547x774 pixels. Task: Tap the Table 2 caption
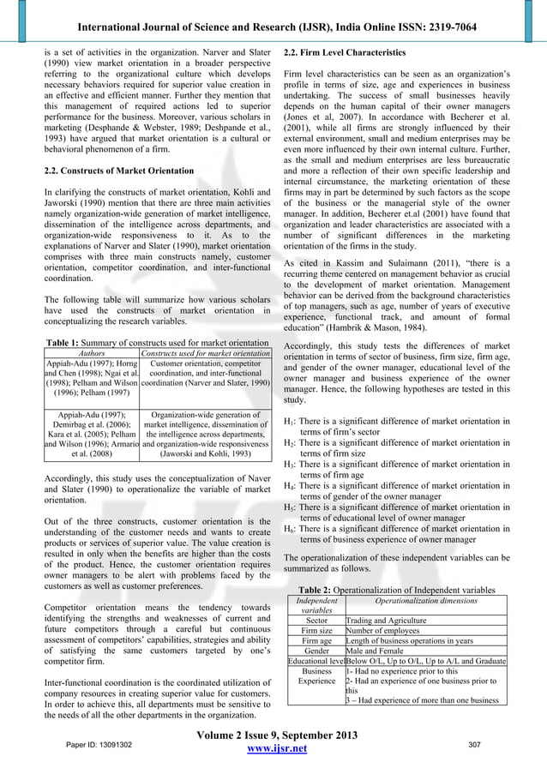pos(395,590)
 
